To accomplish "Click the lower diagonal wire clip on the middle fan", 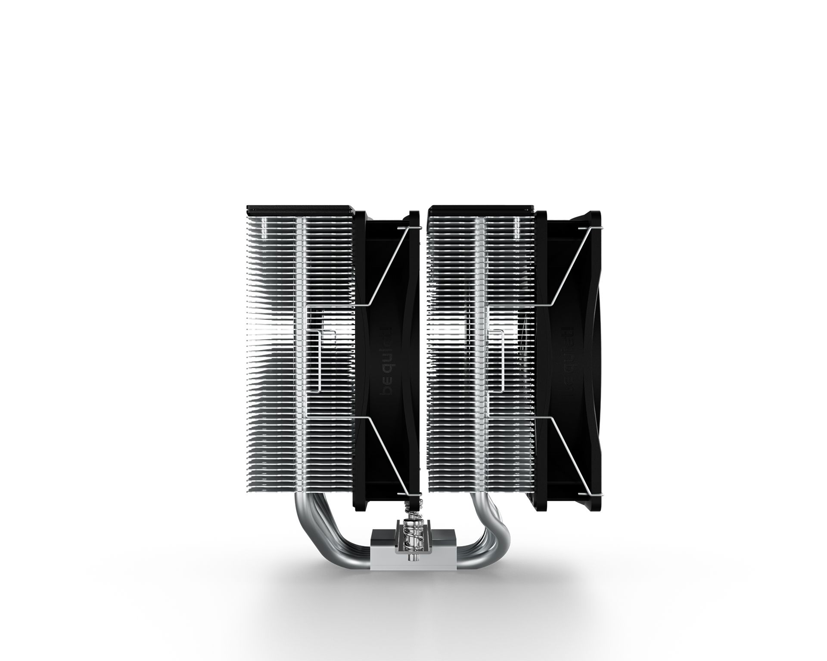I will [388, 456].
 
